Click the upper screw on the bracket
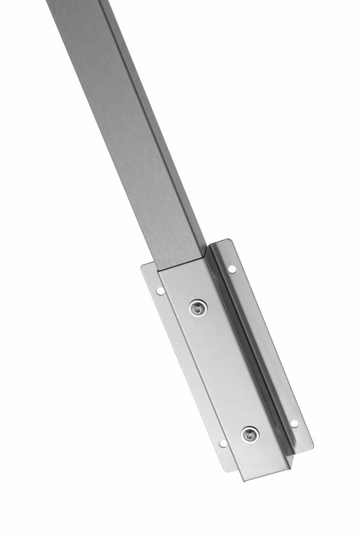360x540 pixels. point(198,308)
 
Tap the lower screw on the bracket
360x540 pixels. point(249,433)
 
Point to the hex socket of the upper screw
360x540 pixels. point(198,308)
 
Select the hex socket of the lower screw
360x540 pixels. point(249,433)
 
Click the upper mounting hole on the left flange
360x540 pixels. point(160,291)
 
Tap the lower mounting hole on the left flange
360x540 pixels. point(223,443)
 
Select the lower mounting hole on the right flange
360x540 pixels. point(294,423)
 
